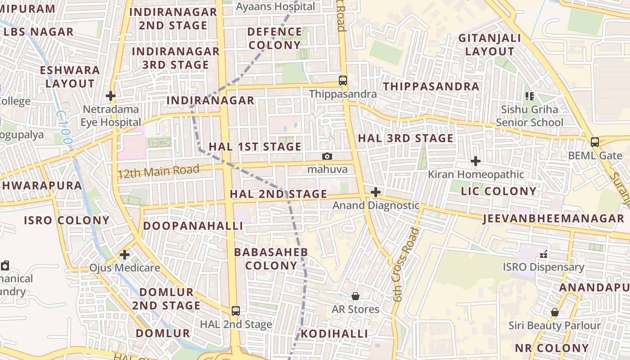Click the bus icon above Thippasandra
click(343, 81)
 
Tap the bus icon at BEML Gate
click(595, 142)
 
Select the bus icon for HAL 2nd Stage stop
click(235, 310)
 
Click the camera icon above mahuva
click(327, 156)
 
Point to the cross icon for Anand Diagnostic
click(375, 193)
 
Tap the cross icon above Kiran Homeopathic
click(476, 161)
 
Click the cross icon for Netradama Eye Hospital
click(111, 96)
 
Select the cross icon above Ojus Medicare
click(125, 255)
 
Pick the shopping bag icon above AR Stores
click(355, 296)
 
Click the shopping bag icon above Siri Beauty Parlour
click(555, 312)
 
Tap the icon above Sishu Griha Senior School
click(530, 96)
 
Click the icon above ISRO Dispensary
click(544, 254)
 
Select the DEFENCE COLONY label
click(274, 38)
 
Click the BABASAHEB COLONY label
click(271, 259)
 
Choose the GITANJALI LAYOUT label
click(490, 45)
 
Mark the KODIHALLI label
click(334, 333)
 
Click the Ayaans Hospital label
click(275, 7)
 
